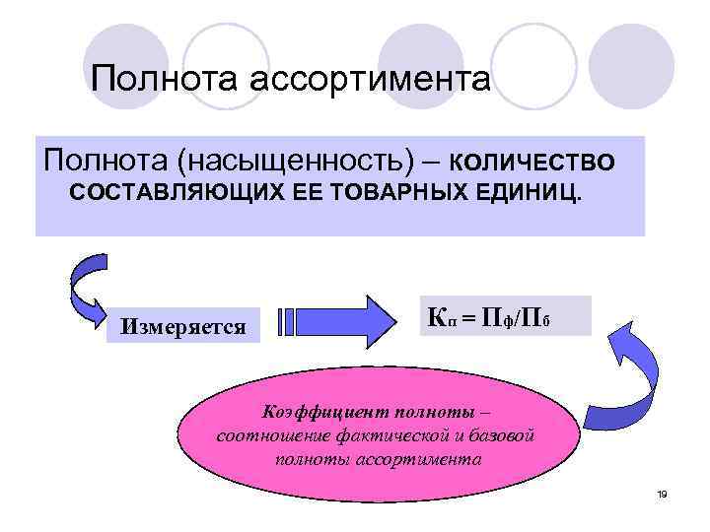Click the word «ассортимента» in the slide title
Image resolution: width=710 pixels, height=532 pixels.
370,79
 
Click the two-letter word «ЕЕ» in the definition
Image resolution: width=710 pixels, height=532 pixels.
307,190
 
